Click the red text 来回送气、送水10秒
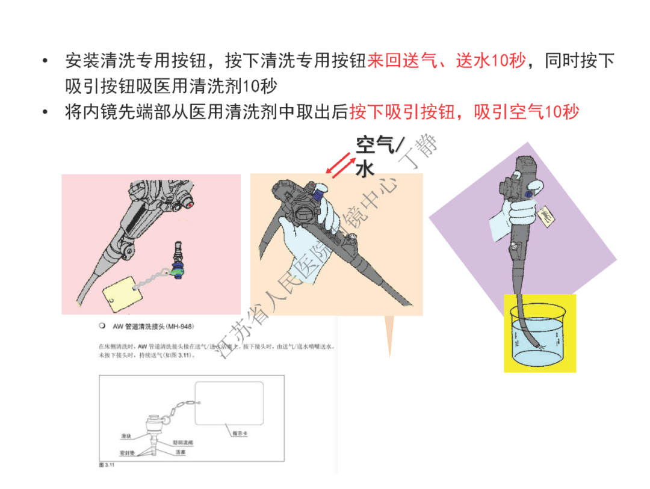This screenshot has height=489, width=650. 446,61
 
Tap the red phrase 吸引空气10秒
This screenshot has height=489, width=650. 527,112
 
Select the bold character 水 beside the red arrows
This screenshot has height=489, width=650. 365,169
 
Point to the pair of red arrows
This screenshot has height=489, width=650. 340,165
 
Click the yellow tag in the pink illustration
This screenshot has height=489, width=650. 122,294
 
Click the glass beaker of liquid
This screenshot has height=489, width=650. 540,337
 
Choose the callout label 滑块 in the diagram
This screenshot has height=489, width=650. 126,435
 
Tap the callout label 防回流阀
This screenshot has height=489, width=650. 182,443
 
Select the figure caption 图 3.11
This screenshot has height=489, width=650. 106,466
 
